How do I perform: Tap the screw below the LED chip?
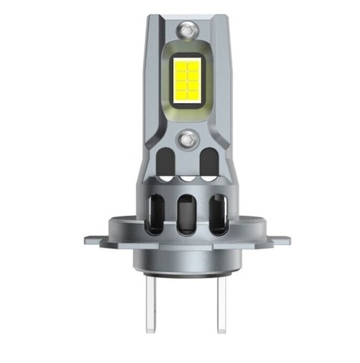pyautogui.click(x=187, y=139)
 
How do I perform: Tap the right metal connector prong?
pyautogui.click(x=222, y=303)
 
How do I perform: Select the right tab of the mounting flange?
pyautogui.click(x=280, y=240)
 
